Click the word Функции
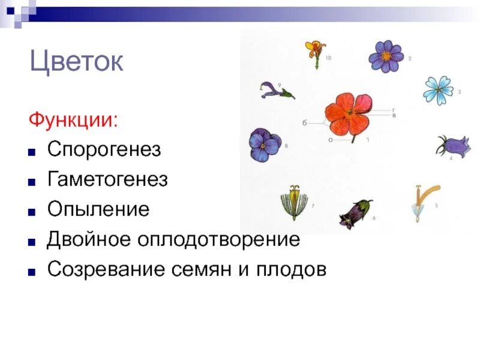coord(73,119)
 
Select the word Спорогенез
coord(104,149)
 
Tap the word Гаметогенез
coord(107,179)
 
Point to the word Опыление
coord(98,209)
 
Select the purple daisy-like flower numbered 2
coord(386,56)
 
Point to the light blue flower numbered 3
coord(437,90)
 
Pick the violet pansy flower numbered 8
coord(265,145)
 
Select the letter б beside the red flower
coord(305,123)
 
